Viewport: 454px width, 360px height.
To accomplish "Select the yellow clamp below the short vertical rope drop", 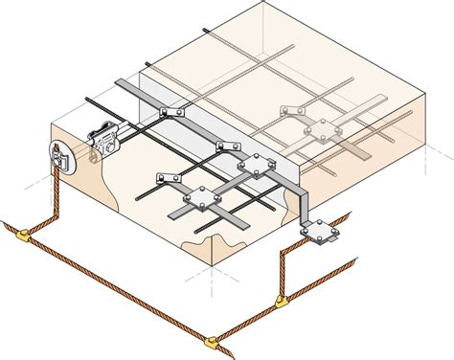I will pos(281,304).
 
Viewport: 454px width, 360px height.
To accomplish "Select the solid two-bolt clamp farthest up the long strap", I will pos(170,114).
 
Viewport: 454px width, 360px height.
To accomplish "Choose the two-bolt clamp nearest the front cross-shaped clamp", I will pos(169,178).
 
